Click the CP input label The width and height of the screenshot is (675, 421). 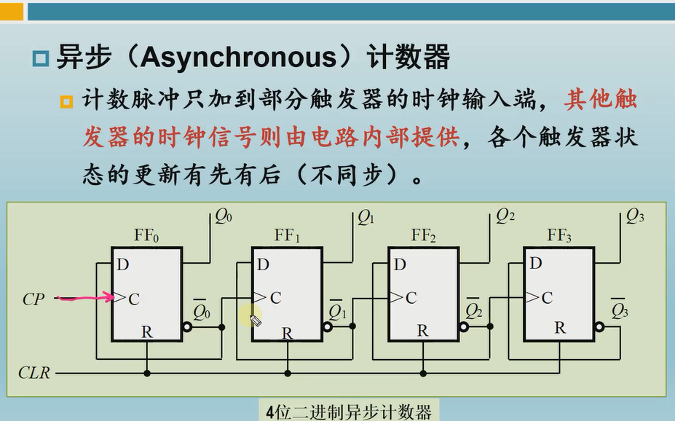(33, 299)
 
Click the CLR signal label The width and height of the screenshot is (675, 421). (34, 373)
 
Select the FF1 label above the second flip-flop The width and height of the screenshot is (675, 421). (287, 235)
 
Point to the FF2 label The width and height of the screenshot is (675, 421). (423, 235)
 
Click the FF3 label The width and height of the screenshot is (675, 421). (559, 235)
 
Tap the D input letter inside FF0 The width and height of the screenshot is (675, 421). (122, 264)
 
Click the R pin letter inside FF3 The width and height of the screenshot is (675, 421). (559, 328)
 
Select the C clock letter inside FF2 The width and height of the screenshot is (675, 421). (411, 297)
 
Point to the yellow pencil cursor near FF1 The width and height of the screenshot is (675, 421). (256, 319)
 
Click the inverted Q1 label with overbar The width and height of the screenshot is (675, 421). (337, 311)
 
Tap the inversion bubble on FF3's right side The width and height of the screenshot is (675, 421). (599, 327)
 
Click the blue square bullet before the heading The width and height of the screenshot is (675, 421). (41, 58)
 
